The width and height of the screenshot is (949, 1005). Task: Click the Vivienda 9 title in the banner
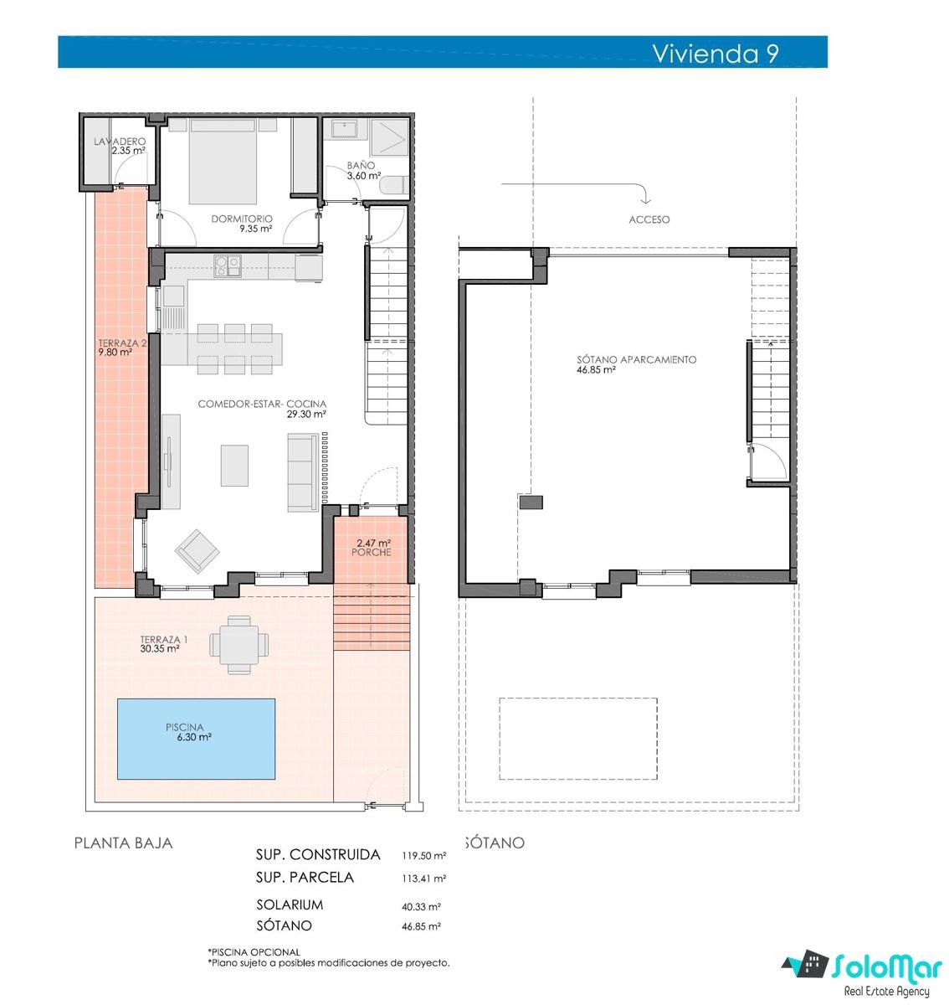click(x=715, y=53)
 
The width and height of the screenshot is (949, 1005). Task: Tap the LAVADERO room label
click(x=120, y=142)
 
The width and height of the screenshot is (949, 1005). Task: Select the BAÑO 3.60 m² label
click(x=363, y=171)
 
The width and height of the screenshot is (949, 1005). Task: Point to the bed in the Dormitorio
click(x=223, y=161)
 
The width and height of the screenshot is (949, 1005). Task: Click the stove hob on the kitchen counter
click(x=228, y=265)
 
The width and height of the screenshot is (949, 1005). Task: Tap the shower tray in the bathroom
click(x=389, y=137)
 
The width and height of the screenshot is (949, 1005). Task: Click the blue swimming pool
click(x=197, y=739)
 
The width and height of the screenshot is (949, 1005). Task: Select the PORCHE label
click(x=372, y=552)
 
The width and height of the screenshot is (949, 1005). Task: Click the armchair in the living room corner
click(x=197, y=551)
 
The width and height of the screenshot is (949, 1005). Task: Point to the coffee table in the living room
click(x=234, y=466)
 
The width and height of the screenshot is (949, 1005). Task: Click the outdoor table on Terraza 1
click(x=239, y=644)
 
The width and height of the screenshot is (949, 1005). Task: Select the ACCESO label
click(x=649, y=219)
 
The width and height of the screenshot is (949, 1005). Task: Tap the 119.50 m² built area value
click(x=424, y=856)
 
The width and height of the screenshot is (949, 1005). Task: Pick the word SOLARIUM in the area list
click(x=290, y=904)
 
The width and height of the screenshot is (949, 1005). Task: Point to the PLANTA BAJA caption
click(x=123, y=843)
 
